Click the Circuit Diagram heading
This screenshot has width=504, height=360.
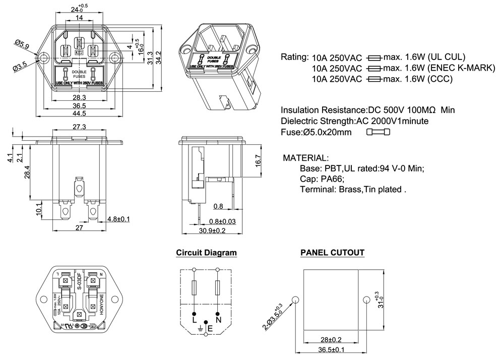coord(206,253)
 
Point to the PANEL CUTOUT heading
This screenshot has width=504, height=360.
coord(332,253)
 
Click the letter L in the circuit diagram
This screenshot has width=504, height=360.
coord(195,319)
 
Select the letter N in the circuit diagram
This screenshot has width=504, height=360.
coord(218,319)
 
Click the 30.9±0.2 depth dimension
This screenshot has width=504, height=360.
coord(212,230)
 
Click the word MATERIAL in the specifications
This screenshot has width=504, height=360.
coord(306,158)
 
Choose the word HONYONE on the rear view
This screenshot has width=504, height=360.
coord(101,305)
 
